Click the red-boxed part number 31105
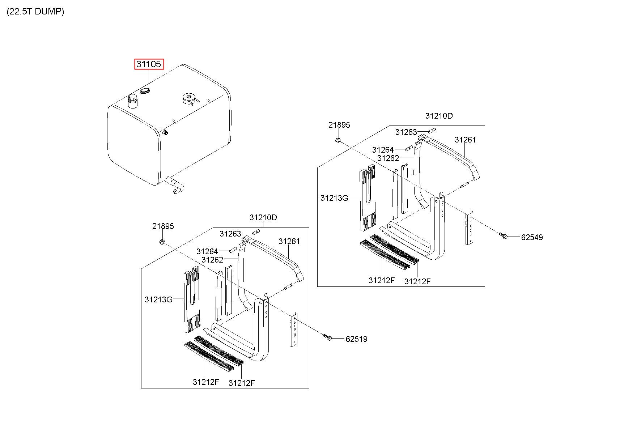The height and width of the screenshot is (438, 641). [149, 64]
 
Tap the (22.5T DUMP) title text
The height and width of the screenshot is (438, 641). [35, 12]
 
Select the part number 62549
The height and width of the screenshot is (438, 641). [532, 238]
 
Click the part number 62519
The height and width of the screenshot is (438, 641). [356, 339]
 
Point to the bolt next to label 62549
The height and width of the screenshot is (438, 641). [502, 236]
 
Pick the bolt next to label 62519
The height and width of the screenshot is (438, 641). [328, 337]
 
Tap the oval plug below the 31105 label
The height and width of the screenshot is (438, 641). [145, 90]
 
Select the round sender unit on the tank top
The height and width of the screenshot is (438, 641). [189, 98]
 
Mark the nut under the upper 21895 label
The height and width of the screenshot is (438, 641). [337, 140]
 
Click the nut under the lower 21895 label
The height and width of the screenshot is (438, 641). [162, 241]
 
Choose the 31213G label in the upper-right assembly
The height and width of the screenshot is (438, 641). [334, 198]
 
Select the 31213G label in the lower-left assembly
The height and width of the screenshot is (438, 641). [158, 299]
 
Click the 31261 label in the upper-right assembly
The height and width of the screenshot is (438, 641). [465, 140]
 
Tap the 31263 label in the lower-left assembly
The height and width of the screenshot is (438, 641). [230, 234]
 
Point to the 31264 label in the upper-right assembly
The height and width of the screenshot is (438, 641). [383, 150]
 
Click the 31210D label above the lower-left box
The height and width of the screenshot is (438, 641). [263, 217]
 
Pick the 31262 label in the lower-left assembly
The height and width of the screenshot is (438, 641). [212, 260]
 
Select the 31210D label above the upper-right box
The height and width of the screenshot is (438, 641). [439, 116]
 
